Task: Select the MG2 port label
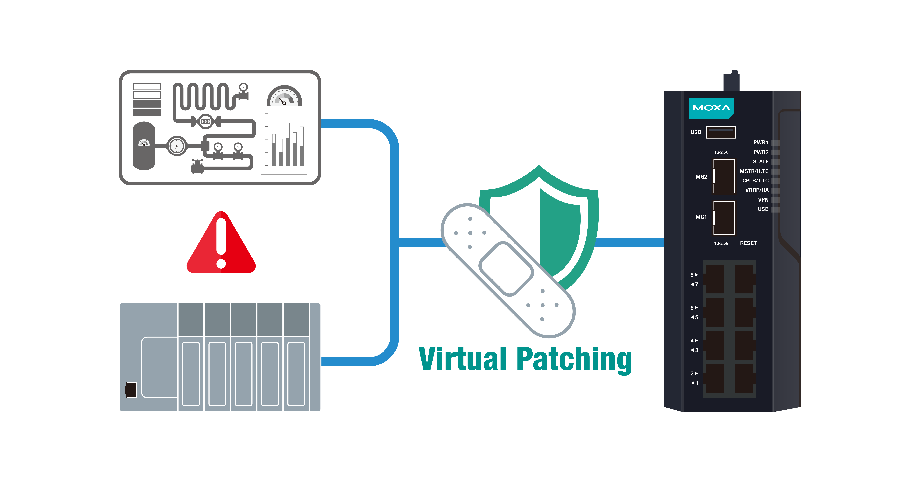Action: click(x=701, y=177)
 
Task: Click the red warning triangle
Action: click(x=221, y=246)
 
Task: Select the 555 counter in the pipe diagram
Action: click(x=205, y=122)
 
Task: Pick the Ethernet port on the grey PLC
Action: click(x=131, y=390)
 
